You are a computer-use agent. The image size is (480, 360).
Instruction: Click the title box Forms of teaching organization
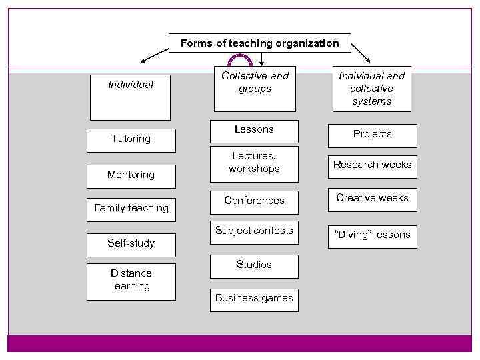point(259,43)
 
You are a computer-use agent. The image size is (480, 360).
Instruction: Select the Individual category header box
point(131,97)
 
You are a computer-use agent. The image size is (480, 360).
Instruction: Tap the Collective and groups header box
point(255,88)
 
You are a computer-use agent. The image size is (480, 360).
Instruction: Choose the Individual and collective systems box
point(371,88)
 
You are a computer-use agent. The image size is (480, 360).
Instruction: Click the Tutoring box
point(131,140)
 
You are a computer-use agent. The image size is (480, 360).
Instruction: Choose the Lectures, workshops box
point(254,164)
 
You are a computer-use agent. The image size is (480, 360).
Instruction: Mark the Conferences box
point(254,201)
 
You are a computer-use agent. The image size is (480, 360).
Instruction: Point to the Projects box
point(372,135)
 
